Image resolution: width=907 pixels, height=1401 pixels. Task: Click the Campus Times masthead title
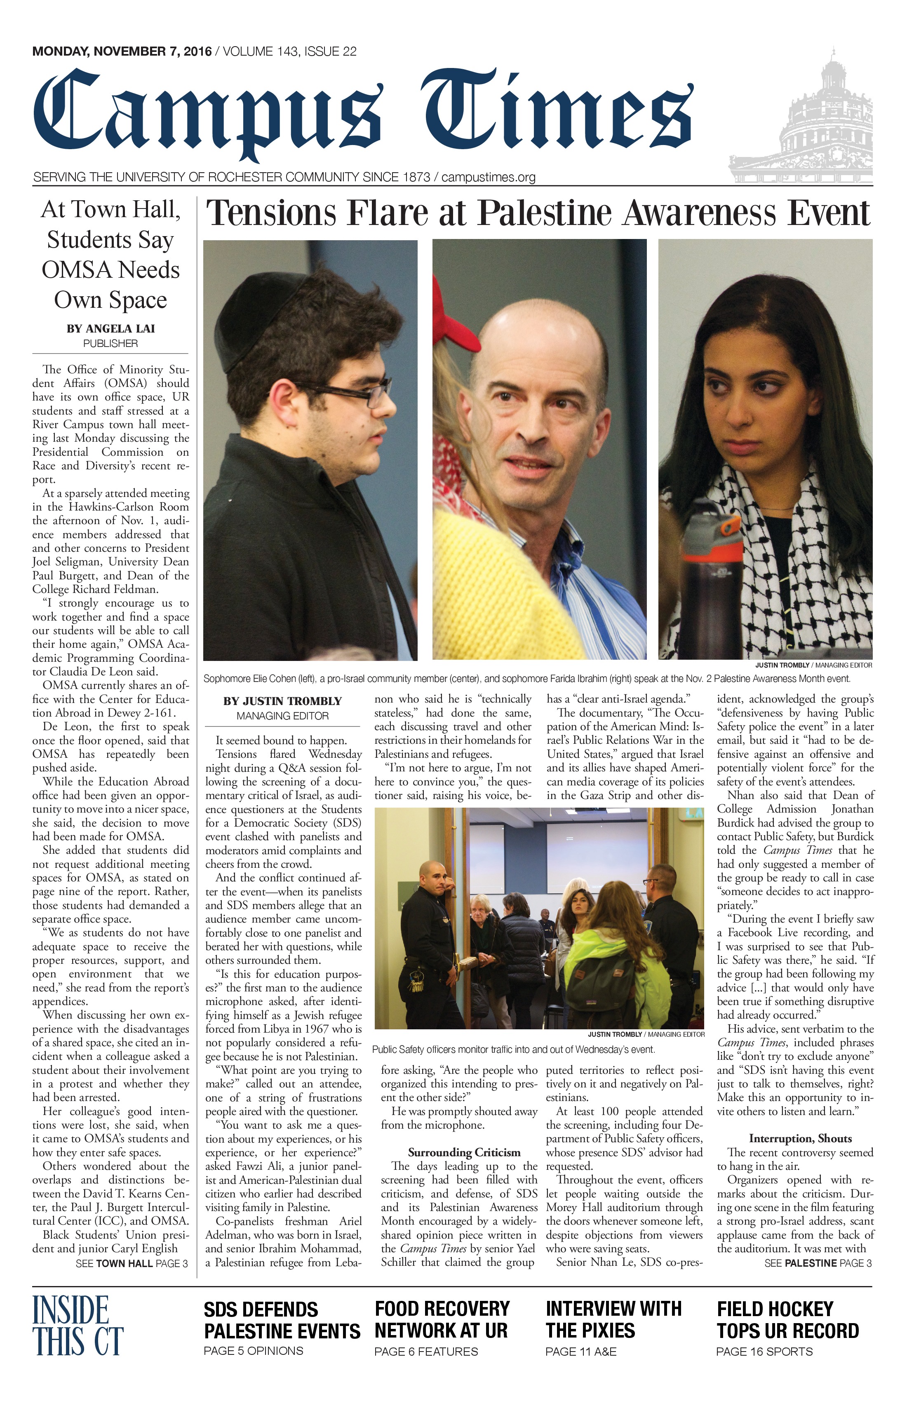pyautogui.click(x=362, y=115)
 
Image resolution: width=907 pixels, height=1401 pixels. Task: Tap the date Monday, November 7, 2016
pyautogui.click(x=122, y=52)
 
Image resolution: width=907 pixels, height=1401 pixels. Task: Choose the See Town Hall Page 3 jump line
pyautogui.click(x=132, y=1263)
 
